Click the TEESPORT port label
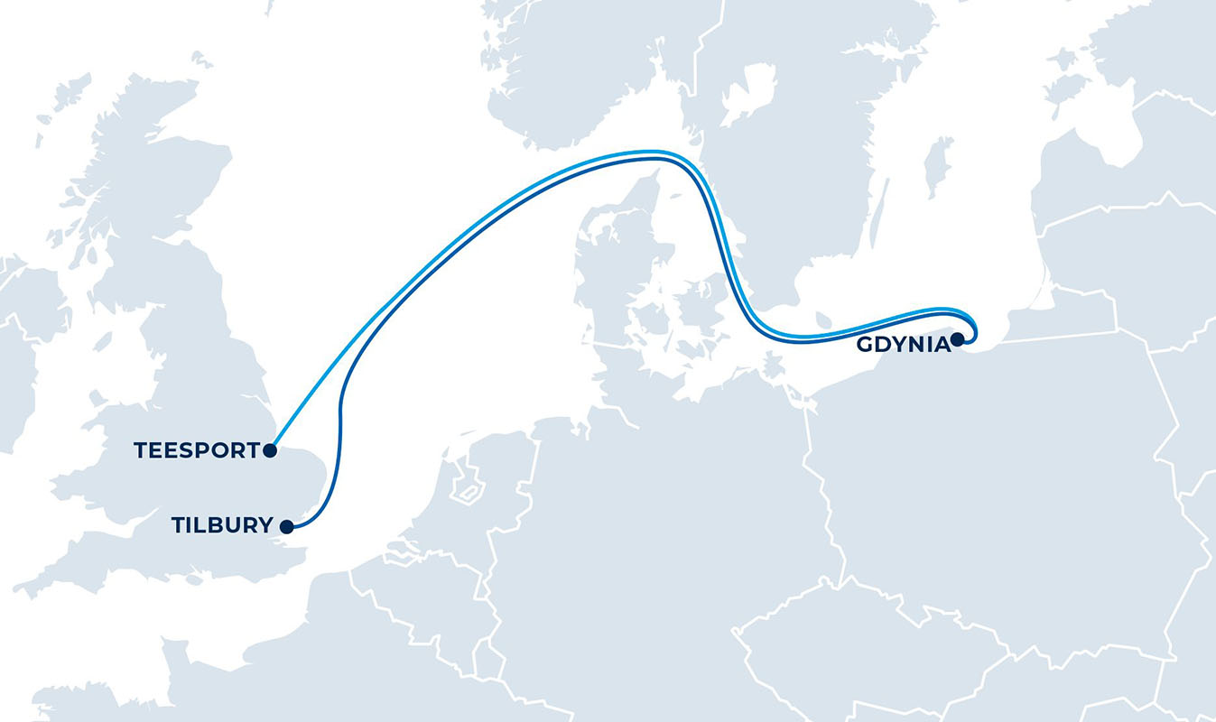[x=196, y=450]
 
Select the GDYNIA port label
[x=902, y=344]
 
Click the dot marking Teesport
[x=269, y=449]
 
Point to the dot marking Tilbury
[x=285, y=526]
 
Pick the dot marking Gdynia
[x=957, y=339]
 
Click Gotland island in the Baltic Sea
[x=938, y=166]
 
